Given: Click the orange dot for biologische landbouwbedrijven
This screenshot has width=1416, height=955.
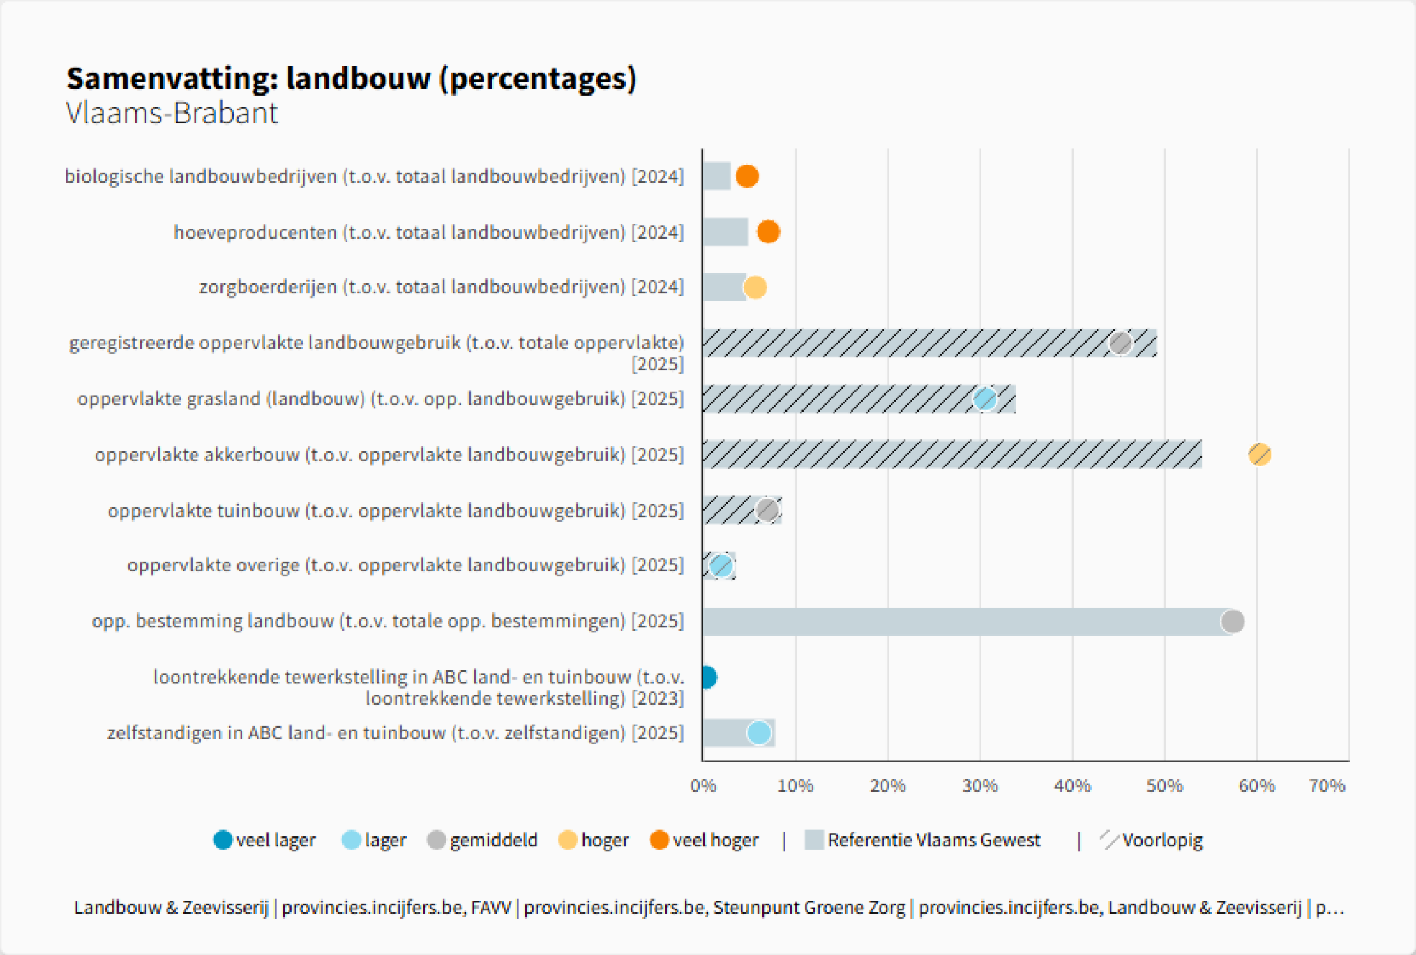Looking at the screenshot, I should (x=746, y=176).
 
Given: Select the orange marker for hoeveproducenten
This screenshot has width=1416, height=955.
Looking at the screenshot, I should (x=768, y=232).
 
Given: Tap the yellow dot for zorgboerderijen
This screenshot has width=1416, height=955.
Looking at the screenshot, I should (x=755, y=287).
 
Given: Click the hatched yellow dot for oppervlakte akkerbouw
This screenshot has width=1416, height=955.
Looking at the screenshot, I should (x=1259, y=455).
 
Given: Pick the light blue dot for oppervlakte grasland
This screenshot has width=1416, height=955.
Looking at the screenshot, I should (x=984, y=399).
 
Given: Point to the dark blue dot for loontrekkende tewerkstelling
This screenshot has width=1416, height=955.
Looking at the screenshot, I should (x=707, y=677).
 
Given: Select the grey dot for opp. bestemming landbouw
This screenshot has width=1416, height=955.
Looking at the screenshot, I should (x=1233, y=621).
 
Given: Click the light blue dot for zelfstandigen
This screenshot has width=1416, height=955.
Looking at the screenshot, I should (x=759, y=732).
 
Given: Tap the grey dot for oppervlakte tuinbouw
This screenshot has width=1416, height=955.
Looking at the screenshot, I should (x=767, y=510).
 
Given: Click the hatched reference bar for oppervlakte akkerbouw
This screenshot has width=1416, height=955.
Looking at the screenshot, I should (x=951, y=455).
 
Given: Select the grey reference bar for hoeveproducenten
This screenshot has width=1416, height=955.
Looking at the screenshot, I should (x=725, y=232).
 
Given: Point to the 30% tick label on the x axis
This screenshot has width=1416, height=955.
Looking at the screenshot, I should (x=980, y=786).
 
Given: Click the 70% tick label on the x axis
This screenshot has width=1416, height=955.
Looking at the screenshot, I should (x=1327, y=786).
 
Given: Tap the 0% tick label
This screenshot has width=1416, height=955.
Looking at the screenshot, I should (x=703, y=786).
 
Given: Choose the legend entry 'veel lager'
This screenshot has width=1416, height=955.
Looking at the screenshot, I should (x=265, y=840).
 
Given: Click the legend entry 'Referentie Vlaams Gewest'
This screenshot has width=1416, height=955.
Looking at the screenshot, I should (x=922, y=840).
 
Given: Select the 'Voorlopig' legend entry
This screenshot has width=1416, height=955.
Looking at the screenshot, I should (x=1152, y=840).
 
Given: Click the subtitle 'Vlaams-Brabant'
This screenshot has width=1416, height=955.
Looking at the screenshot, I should (x=172, y=113).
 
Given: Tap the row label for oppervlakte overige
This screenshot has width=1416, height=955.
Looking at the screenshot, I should (x=405, y=565).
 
